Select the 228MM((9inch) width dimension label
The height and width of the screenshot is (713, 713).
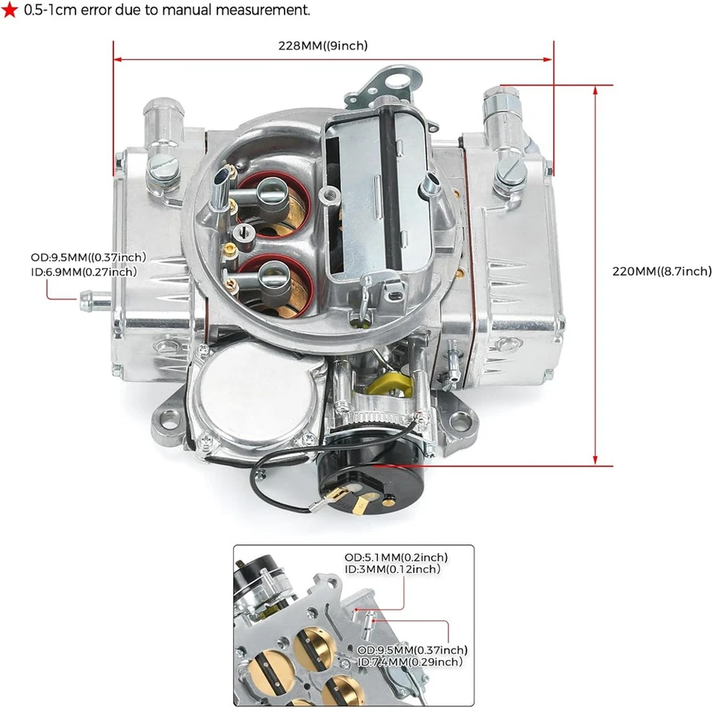coord(322,46)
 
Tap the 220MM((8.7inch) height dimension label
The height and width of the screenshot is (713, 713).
coord(661,272)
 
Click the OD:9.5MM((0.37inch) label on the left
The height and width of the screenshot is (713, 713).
coord(88,258)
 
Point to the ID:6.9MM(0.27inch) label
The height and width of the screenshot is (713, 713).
coord(84,272)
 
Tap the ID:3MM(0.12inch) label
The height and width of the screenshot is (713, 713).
coord(392,570)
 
